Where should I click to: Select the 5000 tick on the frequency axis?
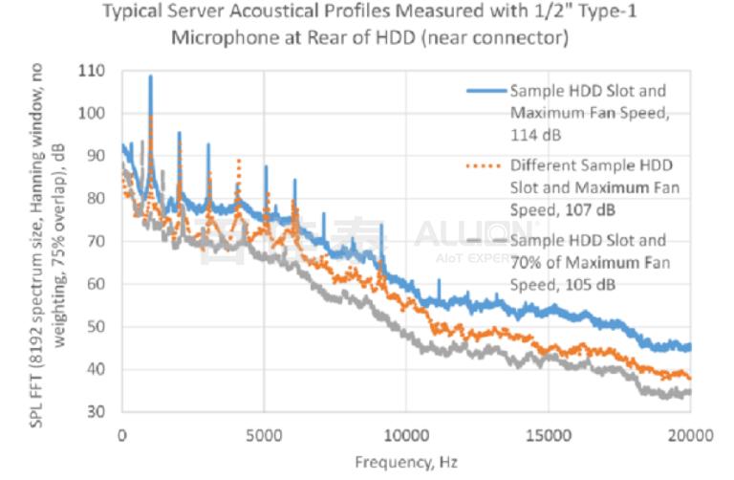pyautogui.click(x=263, y=434)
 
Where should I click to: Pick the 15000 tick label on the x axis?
pyautogui.click(x=548, y=434)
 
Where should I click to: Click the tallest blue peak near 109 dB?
pyautogui.click(x=150, y=76)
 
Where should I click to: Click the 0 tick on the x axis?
pyautogui.click(x=121, y=434)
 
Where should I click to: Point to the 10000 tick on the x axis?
pyautogui.click(x=405, y=434)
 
